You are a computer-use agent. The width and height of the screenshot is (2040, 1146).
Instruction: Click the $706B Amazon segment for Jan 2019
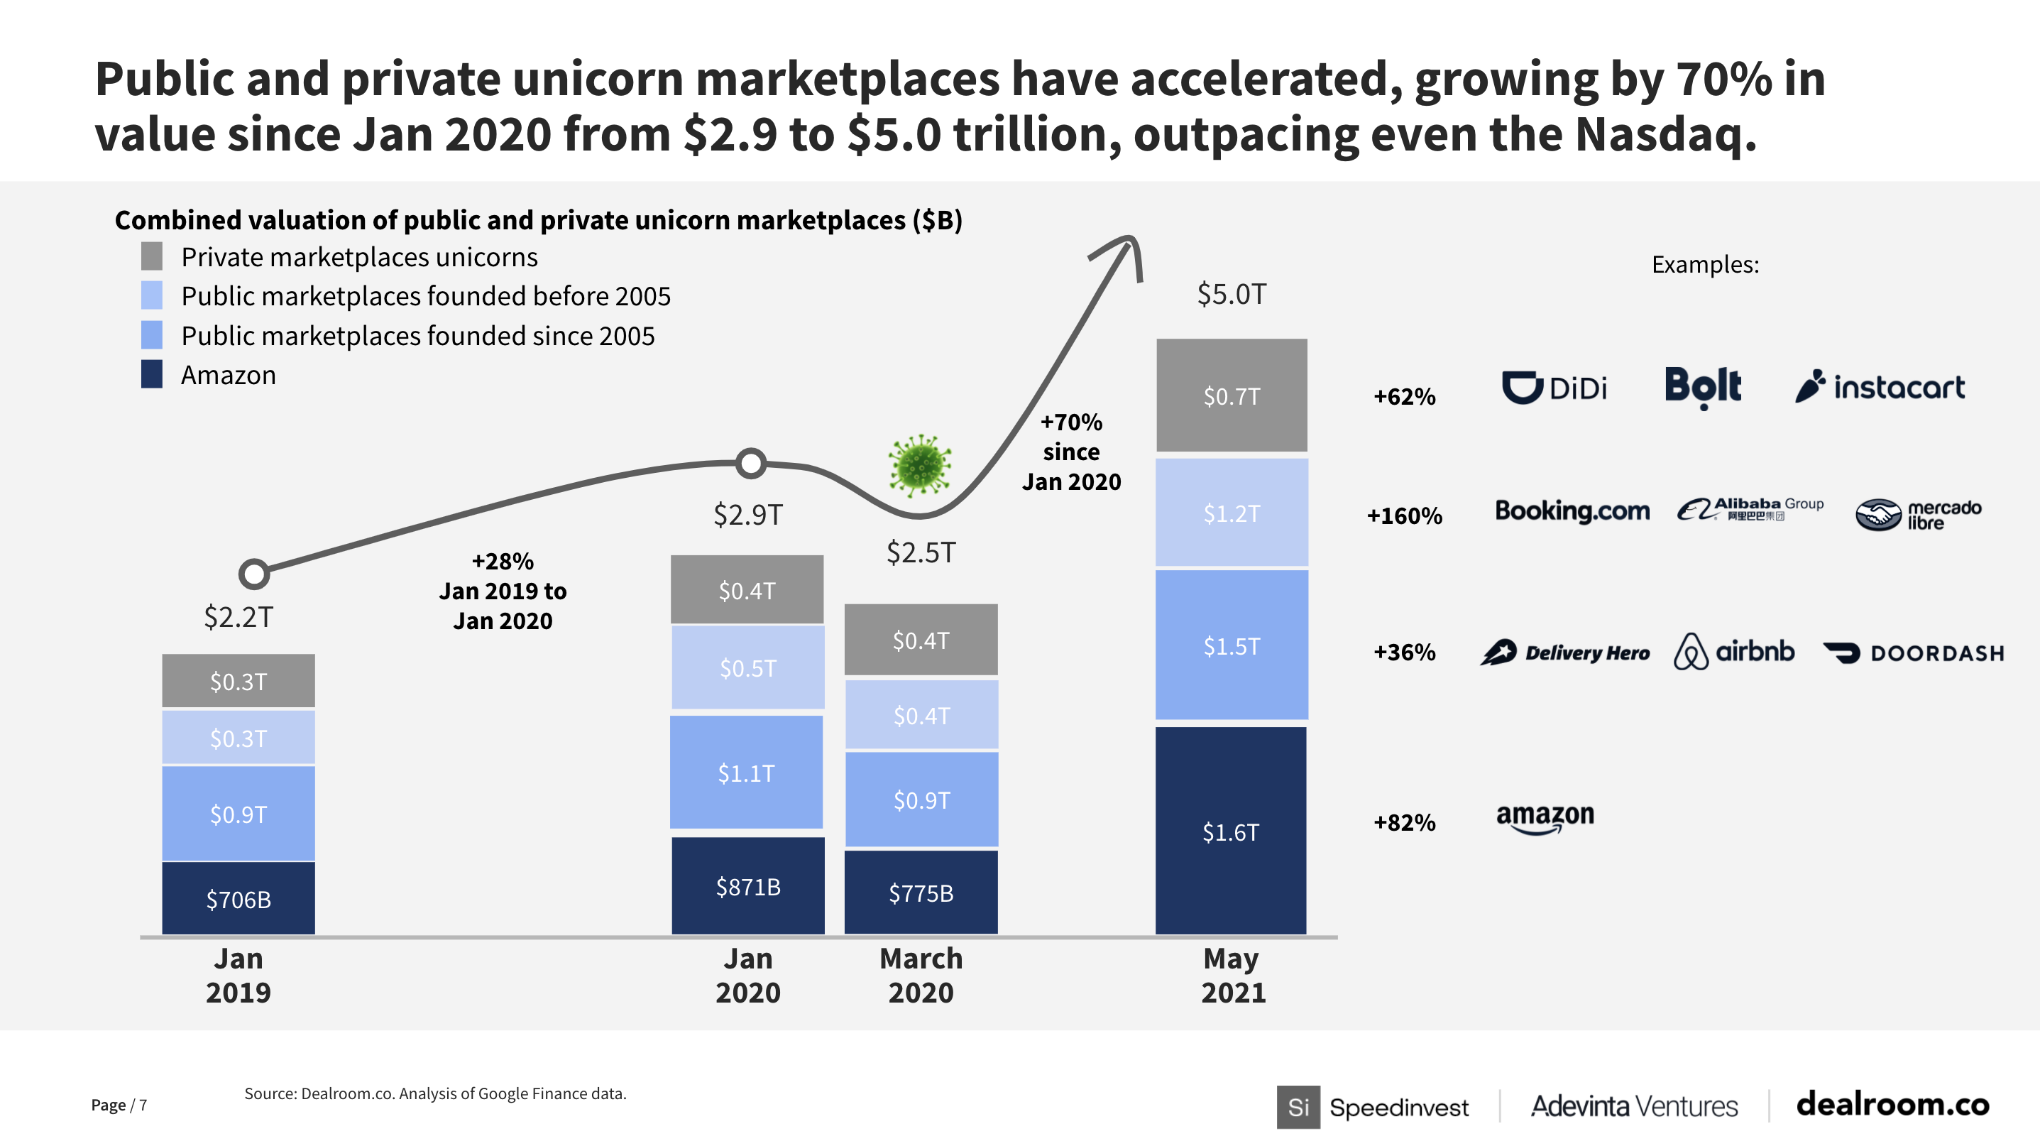tap(238, 899)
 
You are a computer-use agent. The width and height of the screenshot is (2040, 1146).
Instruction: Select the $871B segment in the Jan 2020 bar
tap(747, 886)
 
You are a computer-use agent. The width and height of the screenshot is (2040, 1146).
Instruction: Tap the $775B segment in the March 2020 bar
tap(921, 893)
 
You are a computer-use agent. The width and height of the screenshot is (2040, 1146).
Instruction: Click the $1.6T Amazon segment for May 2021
tap(1231, 831)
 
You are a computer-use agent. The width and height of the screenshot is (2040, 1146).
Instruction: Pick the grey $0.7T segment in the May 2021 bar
tap(1232, 396)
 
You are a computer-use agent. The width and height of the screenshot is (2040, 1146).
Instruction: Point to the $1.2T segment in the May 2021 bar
tap(1232, 513)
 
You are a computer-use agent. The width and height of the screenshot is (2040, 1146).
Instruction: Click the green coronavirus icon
tap(919, 465)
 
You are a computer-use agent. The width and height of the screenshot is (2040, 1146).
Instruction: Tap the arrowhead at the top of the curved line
tap(1129, 246)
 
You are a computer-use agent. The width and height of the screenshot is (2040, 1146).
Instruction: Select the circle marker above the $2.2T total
tap(254, 574)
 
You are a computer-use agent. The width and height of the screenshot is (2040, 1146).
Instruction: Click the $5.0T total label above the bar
tap(1232, 294)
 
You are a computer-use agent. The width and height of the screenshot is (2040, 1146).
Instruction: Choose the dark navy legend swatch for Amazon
tap(152, 375)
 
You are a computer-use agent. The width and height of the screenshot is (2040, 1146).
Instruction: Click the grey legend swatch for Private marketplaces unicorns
tap(152, 256)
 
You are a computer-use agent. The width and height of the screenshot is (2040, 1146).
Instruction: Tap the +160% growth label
tap(1404, 515)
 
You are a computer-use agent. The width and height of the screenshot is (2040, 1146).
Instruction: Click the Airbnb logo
tap(1734, 652)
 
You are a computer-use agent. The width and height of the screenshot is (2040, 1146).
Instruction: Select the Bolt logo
tap(1703, 387)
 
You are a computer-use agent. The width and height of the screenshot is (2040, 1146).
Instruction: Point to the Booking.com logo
tap(1572, 511)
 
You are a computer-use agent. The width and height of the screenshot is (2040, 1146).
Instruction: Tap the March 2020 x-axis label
tap(921, 975)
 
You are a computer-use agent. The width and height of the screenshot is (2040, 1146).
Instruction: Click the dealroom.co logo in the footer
tap(1892, 1104)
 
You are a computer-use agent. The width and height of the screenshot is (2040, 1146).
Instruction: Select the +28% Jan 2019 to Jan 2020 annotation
tap(503, 591)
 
